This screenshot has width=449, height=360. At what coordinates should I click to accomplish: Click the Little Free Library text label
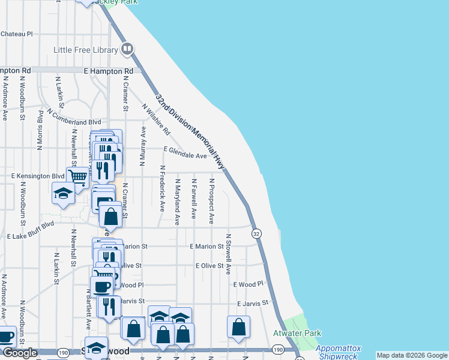(86, 49)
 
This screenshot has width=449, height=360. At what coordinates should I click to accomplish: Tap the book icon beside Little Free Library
(127, 49)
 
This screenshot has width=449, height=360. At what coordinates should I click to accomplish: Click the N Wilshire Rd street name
(156, 119)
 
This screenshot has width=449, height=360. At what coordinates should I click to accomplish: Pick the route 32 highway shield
(256, 233)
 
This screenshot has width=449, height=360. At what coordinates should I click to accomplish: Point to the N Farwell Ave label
(194, 198)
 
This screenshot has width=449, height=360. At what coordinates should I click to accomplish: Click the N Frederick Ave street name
(162, 189)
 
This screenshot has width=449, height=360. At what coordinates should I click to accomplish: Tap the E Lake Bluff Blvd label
(31, 231)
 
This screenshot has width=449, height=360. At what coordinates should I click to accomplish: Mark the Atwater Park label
(297, 334)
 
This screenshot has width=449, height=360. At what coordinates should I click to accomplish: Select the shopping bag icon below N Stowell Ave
(238, 327)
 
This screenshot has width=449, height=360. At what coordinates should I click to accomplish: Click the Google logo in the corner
(19, 353)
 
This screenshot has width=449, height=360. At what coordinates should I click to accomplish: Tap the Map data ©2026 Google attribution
(412, 355)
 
